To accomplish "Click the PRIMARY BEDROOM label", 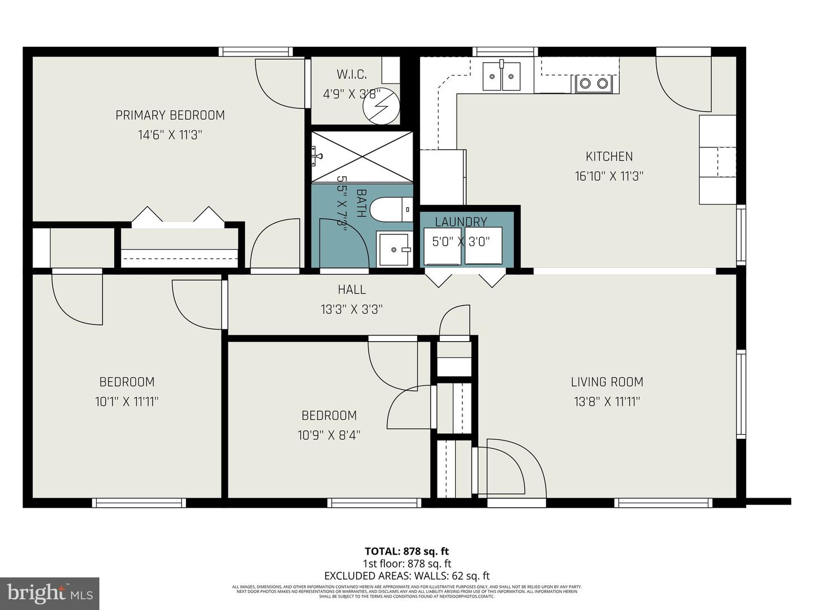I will point(170,115).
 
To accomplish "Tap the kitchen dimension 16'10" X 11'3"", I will point(609,176).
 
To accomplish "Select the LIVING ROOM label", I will point(607,382).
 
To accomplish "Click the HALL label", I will point(352,290).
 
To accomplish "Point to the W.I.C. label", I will point(352,74).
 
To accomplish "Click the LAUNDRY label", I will point(461,222).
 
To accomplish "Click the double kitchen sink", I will point(501,76).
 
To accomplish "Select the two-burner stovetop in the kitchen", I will point(594,84).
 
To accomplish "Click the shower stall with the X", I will point(362,157).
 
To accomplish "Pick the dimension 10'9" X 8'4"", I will point(328,435).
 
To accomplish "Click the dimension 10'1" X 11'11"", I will point(127,402).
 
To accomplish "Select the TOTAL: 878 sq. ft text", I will point(406,551).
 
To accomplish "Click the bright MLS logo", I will point(50,593).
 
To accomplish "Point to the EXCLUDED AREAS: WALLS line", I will point(406,576).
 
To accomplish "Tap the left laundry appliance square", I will point(442,246).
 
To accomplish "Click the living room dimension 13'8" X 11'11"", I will point(607,402).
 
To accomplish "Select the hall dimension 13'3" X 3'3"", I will point(352,310).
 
